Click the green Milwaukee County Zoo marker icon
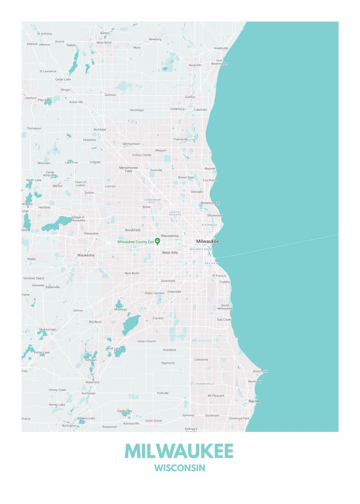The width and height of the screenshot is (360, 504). (158, 241)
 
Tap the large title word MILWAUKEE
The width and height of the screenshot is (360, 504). (179, 451)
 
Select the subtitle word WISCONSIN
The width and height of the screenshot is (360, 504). (179, 468)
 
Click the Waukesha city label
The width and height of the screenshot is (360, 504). (86, 255)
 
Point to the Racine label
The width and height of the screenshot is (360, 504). (254, 401)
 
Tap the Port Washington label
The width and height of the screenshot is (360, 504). (219, 62)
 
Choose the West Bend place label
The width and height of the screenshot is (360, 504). (104, 42)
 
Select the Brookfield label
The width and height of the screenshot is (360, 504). (133, 230)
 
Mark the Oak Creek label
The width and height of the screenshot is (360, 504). (224, 320)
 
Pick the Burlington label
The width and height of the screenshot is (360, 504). (69, 425)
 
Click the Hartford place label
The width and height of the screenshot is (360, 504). (31, 98)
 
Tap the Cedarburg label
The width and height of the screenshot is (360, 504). (177, 108)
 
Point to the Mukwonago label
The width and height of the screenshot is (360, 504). (47, 329)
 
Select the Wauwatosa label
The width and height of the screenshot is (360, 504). (170, 236)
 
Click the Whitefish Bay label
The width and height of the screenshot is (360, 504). (210, 203)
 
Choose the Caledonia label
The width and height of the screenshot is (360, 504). (201, 360)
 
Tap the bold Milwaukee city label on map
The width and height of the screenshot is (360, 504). (208, 241)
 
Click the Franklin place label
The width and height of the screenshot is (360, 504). (158, 318)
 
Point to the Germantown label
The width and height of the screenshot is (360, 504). (131, 144)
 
